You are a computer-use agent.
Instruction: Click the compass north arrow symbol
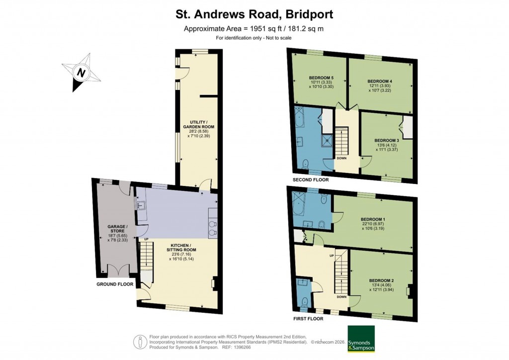[80, 73]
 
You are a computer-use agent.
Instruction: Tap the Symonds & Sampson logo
[361, 339]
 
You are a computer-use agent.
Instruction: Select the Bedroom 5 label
[321, 78]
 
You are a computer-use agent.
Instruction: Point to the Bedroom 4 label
[380, 81]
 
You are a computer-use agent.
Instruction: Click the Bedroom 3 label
[387, 141]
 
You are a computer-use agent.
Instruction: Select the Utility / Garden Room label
[198, 127]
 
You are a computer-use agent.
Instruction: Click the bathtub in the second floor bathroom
[301, 119]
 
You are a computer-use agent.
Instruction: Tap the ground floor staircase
[146, 256]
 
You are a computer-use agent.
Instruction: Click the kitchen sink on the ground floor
[139, 204]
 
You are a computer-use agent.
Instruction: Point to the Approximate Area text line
[254, 28]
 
